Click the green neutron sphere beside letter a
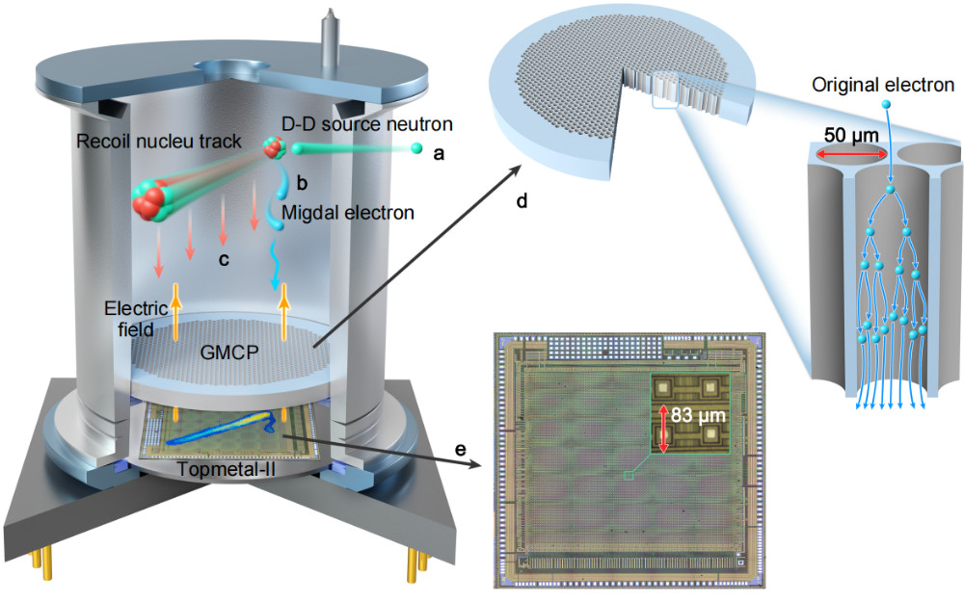point(416,148)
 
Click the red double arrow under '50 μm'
point(848,154)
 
